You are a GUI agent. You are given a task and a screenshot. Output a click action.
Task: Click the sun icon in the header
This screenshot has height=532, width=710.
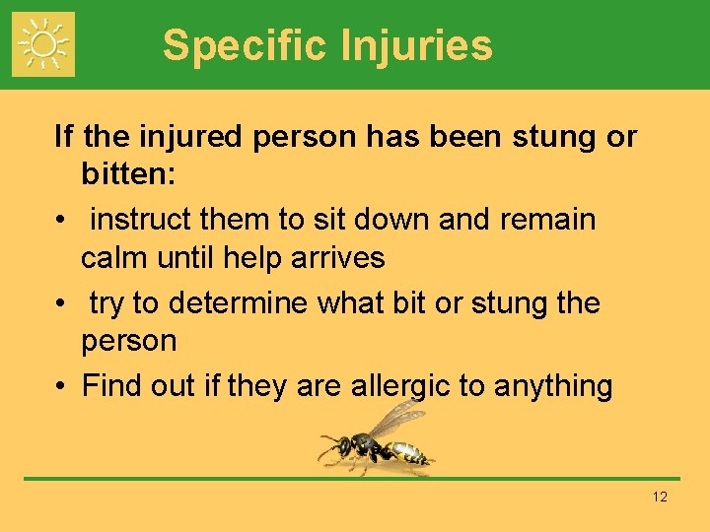(43, 44)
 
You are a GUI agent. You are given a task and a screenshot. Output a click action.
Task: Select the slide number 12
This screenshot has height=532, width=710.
(660, 498)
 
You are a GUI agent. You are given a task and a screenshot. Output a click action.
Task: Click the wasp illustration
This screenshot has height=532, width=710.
(379, 441)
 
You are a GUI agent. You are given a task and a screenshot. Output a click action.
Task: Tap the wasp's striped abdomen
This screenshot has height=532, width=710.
(410, 454)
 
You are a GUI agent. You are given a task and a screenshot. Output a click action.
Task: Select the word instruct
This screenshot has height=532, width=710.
(141, 219)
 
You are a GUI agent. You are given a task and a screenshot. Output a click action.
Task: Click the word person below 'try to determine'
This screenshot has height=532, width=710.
(128, 342)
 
